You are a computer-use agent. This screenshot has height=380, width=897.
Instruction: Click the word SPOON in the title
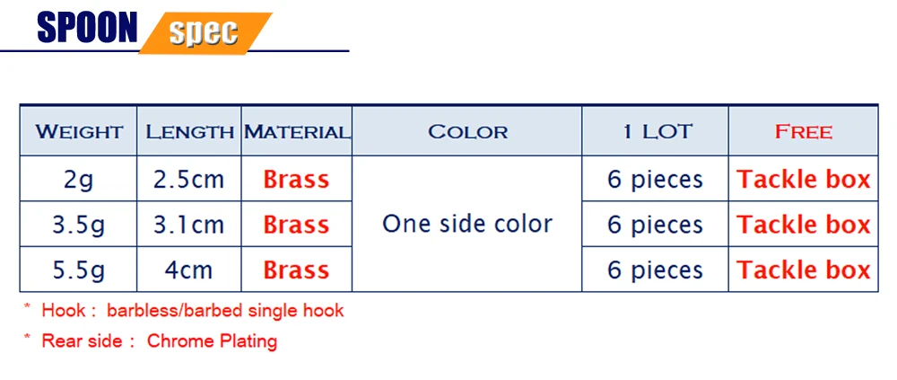[x=88, y=27]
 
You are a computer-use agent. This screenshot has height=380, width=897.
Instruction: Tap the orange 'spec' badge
[x=205, y=32]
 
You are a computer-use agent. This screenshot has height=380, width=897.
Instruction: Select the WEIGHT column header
[x=79, y=132]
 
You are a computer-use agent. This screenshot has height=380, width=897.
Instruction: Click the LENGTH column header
[x=189, y=132]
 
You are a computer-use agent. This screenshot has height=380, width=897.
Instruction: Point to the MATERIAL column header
[x=297, y=132]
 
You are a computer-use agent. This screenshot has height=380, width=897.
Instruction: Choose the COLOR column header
[x=468, y=132]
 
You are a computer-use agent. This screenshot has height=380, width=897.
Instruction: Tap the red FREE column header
[x=803, y=132]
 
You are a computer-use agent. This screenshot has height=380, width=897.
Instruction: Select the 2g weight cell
[x=79, y=180]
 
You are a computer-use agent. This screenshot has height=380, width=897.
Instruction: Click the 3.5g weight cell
[x=79, y=225]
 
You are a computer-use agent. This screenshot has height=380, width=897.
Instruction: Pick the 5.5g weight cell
[x=79, y=270]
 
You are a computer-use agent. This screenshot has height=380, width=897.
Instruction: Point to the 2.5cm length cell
[x=188, y=180]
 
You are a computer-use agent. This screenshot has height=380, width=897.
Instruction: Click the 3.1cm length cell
[x=188, y=225]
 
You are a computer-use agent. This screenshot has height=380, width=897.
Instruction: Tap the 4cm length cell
[x=188, y=270]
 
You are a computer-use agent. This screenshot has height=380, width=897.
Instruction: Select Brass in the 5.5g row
[x=296, y=270]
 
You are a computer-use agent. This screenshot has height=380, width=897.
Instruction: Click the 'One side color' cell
[x=467, y=224]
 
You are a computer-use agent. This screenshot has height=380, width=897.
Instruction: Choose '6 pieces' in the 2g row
[x=656, y=180]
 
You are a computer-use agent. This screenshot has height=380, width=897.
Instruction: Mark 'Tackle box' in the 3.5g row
[x=803, y=225]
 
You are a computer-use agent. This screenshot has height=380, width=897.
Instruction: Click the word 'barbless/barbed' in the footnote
[x=178, y=311]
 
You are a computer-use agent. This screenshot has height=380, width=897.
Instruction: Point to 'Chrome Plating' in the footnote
[x=213, y=341]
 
